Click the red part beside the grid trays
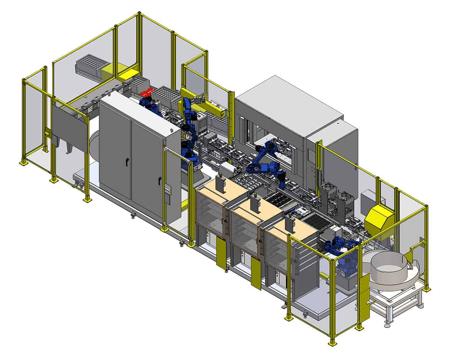pos(147,92)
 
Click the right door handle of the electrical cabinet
pos(160,180)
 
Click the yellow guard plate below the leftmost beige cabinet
pos(221,256)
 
